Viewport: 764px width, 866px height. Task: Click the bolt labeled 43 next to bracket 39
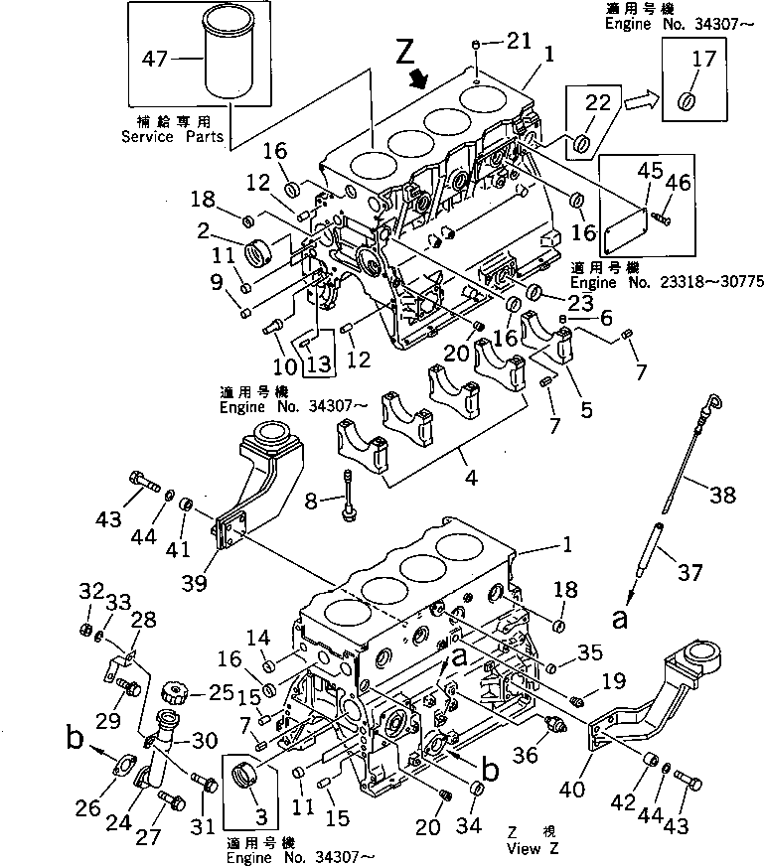pyautogui.click(x=142, y=485)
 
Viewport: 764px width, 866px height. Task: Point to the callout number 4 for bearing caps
pyautogui.click(x=470, y=479)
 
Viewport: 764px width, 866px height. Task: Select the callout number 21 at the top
pyautogui.click(x=519, y=41)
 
